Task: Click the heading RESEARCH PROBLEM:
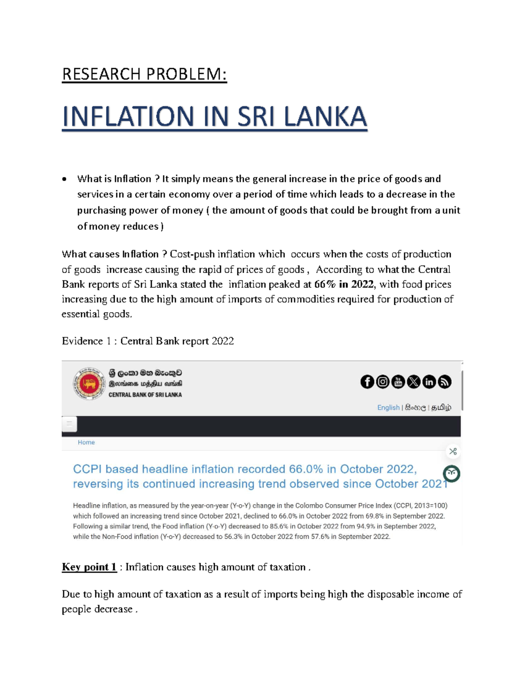[x=144, y=74]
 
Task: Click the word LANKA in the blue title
[x=325, y=117]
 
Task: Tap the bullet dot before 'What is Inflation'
[x=64, y=179]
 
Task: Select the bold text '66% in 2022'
[x=344, y=284]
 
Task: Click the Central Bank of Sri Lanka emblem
[x=89, y=383]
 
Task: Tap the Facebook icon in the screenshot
[x=367, y=382]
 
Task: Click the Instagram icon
[x=383, y=382]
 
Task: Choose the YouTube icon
[x=398, y=382]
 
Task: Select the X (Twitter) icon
[x=413, y=382]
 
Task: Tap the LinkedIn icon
[x=429, y=382]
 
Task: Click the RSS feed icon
[x=444, y=382]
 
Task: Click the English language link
[x=388, y=407]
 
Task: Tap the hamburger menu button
[x=70, y=424]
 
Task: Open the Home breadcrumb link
[x=86, y=442]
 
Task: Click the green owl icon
[x=451, y=474]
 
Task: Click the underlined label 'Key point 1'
[x=89, y=567]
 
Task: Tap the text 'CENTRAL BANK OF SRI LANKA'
[x=145, y=395]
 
